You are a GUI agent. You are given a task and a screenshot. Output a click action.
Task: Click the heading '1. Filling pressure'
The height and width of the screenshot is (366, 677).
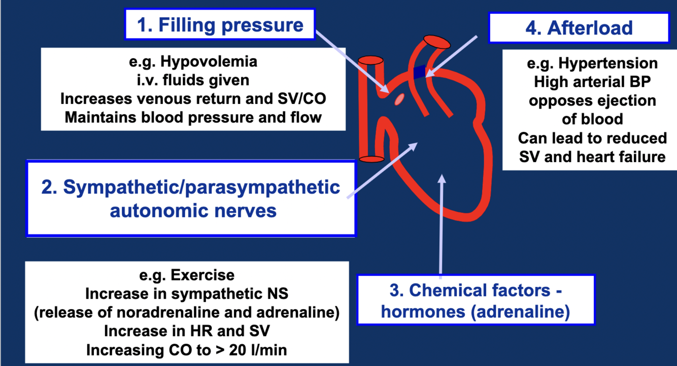221,25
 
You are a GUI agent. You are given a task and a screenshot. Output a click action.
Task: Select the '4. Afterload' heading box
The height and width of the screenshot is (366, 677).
579,27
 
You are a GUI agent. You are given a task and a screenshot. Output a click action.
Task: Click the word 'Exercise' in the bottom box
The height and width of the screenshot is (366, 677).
202,275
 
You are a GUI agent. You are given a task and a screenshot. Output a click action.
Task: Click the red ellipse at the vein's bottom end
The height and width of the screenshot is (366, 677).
371,159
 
